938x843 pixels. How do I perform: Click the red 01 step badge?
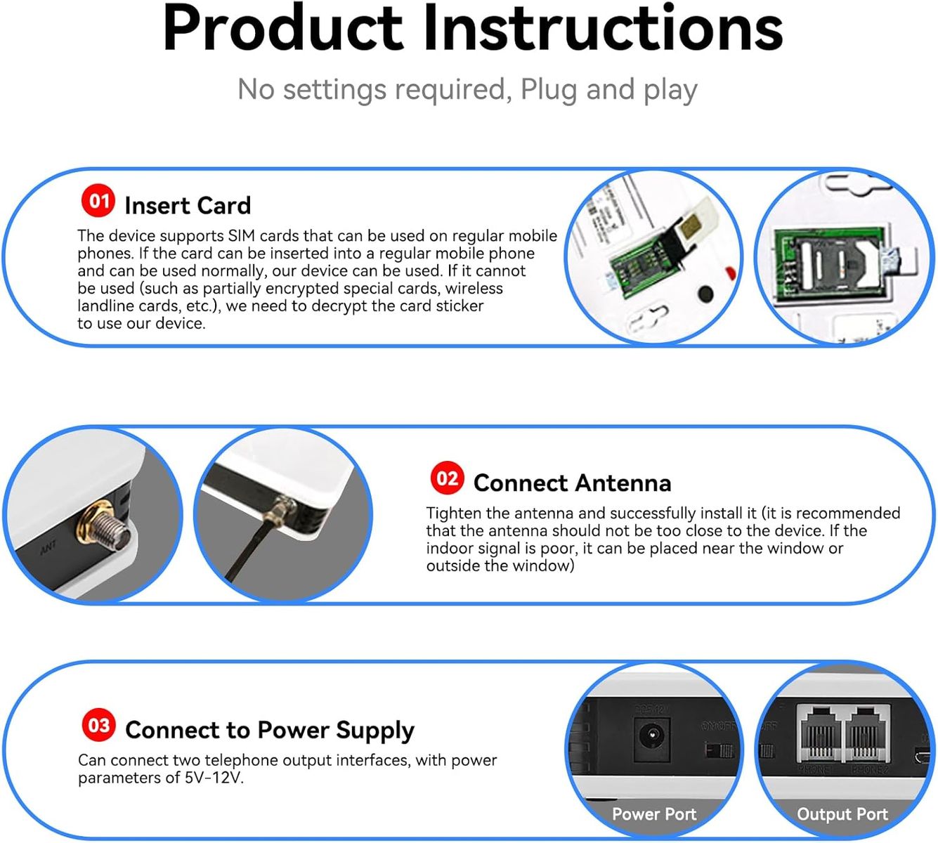(98, 201)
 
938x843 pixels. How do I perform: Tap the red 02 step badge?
(447, 478)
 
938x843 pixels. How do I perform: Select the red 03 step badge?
(98, 725)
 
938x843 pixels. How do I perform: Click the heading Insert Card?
(188, 206)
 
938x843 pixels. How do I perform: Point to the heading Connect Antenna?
(572, 483)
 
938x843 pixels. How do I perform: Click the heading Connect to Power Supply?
(270, 731)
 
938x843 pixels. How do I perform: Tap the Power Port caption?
(653, 814)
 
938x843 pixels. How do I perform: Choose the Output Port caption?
(842, 814)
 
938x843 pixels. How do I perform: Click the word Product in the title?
(282, 28)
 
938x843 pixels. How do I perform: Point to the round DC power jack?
(651, 736)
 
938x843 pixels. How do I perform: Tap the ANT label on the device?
(48, 547)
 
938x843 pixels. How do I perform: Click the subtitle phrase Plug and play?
(608, 90)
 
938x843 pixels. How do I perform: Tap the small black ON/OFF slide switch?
(719, 752)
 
